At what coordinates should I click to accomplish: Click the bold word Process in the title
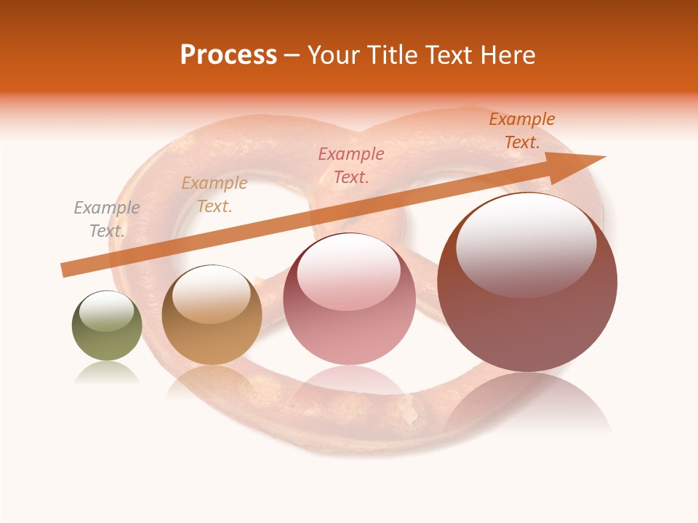point(228,55)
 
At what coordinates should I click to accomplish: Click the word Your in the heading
point(334,55)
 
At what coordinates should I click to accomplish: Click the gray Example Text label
point(107,219)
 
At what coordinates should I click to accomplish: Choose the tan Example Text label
point(214,195)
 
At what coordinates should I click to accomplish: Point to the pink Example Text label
point(351,165)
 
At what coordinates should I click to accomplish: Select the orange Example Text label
point(522,131)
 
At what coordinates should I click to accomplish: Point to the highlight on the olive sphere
point(106,311)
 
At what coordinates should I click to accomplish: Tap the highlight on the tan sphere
point(211,294)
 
